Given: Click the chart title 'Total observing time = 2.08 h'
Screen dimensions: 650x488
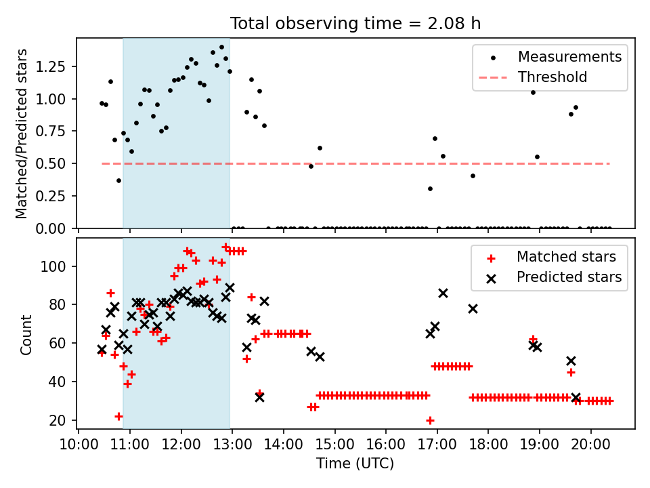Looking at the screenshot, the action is point(355,23).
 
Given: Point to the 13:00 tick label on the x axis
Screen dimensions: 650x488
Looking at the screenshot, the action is point(232,445).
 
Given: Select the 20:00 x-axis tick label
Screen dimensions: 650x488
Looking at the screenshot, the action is point(590,445).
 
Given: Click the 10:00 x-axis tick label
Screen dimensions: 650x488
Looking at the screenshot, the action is point(79,445).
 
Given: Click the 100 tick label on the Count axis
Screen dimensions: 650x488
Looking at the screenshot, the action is point(53,266).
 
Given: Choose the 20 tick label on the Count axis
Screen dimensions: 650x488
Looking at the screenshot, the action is point(57,420).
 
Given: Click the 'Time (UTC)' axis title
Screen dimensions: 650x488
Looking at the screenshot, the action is point(355,464).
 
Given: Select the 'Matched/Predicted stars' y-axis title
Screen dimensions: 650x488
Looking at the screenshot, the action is point(21,134).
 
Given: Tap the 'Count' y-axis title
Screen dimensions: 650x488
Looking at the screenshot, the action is point(26,335).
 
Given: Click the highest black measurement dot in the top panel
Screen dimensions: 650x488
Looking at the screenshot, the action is point(221,47).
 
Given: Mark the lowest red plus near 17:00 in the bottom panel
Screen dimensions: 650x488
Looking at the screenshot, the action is point(430,420).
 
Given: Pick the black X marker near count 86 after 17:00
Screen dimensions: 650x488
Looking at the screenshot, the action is point(443,293).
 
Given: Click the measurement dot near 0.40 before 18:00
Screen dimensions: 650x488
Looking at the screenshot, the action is point(473,176).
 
